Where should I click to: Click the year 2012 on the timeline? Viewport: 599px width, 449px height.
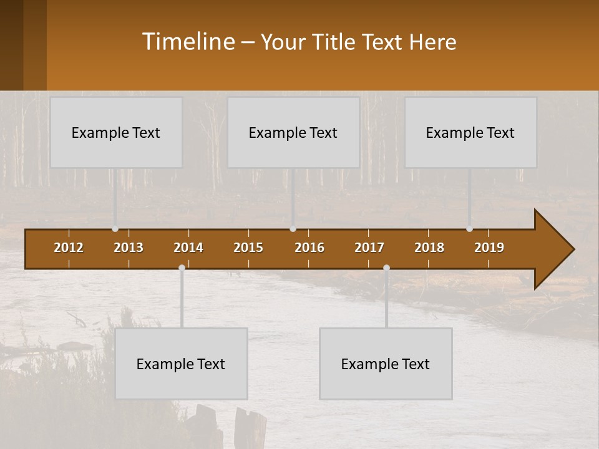(x=69, y=248)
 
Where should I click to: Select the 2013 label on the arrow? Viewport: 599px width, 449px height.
(x=129, y=248)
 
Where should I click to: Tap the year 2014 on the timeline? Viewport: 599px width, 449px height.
(x=188, y=248)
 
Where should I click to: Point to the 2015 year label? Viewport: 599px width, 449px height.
(x=248, y=248)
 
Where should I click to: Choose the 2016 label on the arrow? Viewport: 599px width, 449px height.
(x=309, y=248)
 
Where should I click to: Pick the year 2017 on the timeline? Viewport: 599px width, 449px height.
(x=369, y=248)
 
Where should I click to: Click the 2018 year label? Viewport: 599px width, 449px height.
(x=429, y=248)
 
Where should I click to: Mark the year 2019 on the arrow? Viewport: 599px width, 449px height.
(x=489, y=248)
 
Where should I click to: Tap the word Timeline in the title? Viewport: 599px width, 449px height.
(x=188, y=42)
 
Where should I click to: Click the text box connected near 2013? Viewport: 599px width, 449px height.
(x=116, y=132)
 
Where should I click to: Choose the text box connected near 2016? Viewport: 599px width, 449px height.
(x=293, y=132)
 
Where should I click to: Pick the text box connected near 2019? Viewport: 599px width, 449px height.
(x=470, y=132)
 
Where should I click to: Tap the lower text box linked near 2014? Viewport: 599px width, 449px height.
(x=181, y=364)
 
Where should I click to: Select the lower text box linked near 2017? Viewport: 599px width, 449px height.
(x=386, y=364)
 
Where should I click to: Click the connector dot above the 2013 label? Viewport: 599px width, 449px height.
(x=115, y=229)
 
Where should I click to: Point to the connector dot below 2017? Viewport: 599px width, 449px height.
(x=386, y=268)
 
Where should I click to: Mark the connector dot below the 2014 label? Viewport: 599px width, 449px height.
(x=182, y=268)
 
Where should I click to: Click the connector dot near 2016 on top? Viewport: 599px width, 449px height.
(x=293, y=229)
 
